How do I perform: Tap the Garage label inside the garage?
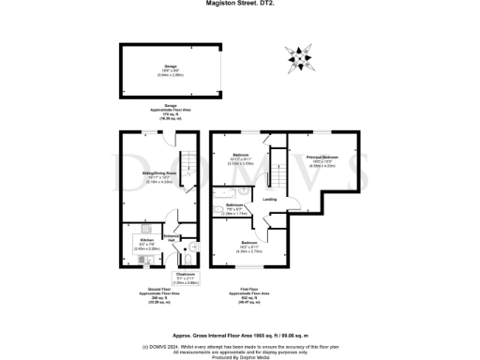point(171,67)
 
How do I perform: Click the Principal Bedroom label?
point(322,158)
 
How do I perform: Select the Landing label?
point(270,199)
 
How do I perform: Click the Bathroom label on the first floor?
point(235,207)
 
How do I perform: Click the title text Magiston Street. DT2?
point(239,4)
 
